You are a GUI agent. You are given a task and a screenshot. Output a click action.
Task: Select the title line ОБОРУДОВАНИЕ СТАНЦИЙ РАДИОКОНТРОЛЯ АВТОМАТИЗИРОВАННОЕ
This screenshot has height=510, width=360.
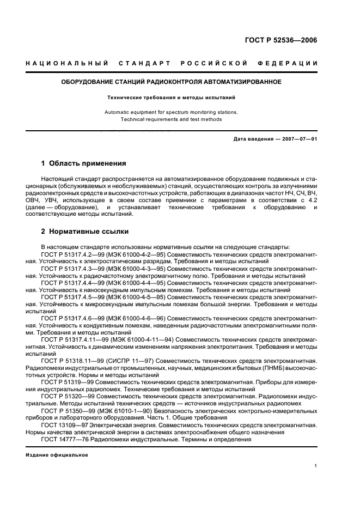click(x=170, y=82)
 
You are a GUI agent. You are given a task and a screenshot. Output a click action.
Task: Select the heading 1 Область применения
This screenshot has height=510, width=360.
click(x=84, y=163)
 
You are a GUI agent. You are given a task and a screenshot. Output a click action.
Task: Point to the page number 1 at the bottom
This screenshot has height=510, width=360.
click(x=315, y=466)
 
